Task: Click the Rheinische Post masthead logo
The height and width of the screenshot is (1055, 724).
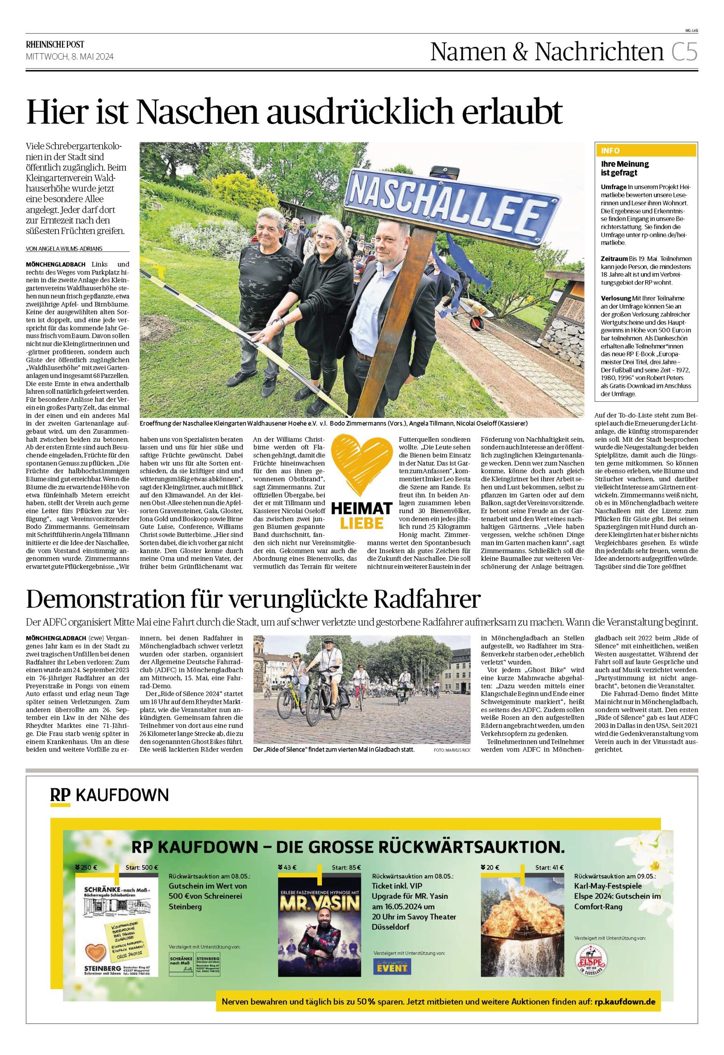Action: click(x=55, y=44)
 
